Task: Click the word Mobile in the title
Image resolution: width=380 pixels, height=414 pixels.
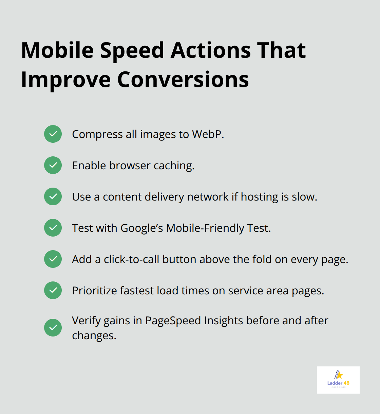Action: (x=57, y=50)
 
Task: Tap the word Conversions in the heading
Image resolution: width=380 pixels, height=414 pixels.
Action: (x=183, y=80)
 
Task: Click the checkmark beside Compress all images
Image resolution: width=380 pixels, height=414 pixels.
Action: (x=53, y=134)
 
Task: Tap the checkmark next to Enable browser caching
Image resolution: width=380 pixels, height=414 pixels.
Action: (x=53, y=165)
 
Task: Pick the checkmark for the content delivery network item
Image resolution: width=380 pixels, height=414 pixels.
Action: (x=53, y=196)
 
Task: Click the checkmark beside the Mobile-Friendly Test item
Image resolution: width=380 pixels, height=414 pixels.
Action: (x=53, y=228)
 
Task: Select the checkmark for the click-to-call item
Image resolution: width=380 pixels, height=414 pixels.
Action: (x=53, y=259)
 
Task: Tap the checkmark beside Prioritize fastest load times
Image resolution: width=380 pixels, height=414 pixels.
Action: (x=53, y=290)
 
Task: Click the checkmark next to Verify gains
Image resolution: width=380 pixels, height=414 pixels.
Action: (x=53, y=328)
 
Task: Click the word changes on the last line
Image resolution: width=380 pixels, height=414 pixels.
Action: (x=94, y=336)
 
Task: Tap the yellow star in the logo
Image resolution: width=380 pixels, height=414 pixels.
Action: (x=339, y=375)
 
